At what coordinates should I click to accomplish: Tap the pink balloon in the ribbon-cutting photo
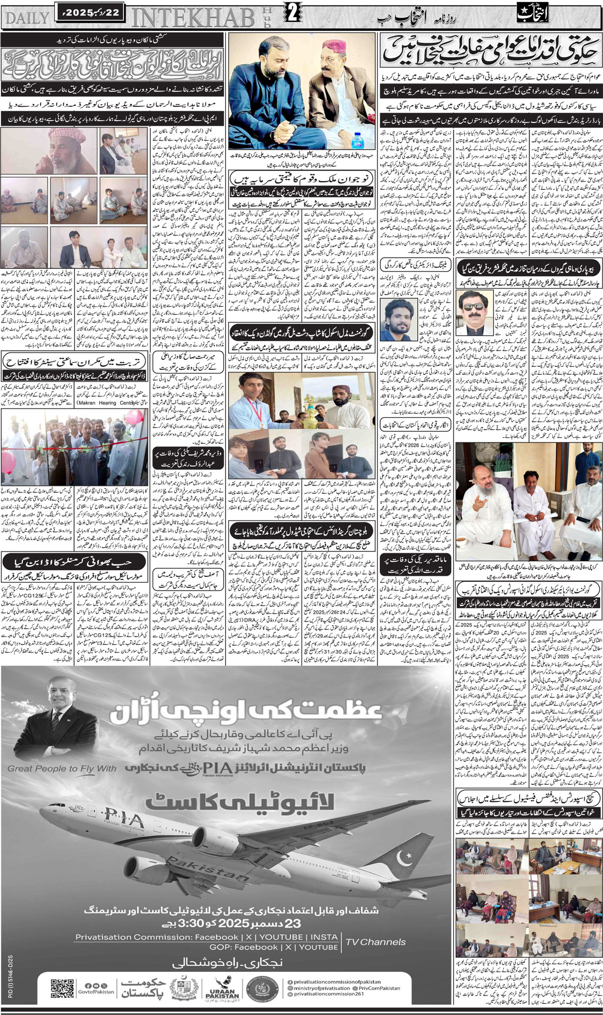[134, 417]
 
